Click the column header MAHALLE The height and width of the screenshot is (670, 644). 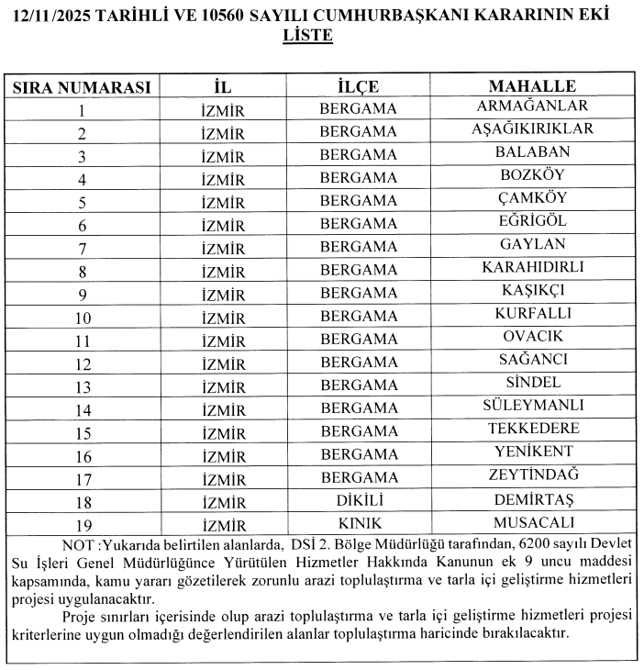[x=532, y=86]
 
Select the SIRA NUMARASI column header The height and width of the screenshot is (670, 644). [x=81, y=87]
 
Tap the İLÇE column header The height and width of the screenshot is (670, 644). [x=358, y=87]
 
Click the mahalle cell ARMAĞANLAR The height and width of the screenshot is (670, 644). [x=532, y=106]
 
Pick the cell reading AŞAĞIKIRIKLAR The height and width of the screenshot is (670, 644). [x=532, y=129]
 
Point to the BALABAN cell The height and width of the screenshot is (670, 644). [x=532, y=152]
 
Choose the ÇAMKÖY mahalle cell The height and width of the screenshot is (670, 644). [x=532, y=198]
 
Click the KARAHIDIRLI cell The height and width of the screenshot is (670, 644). [x=532, y=267]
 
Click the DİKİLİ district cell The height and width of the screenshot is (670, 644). [x=358, y=500]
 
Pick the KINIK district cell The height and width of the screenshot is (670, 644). [x=358, y=523]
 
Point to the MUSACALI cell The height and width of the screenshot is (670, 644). [x=532, y=522]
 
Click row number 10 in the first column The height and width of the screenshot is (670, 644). [x=82, y=317]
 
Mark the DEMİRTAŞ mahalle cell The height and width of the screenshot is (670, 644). [x=532, y=499]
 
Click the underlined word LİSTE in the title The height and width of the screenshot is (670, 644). [x=309, y=38]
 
